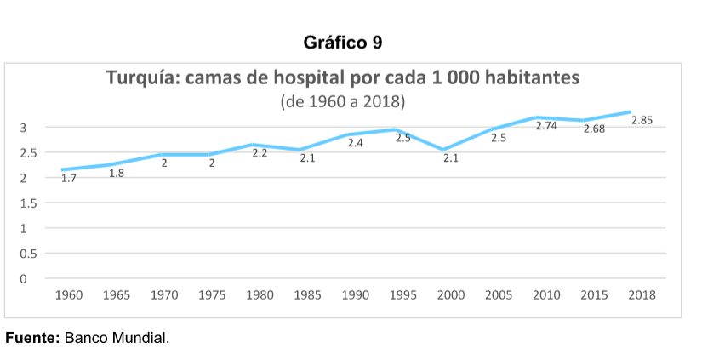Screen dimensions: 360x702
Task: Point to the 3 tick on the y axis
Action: click(x=24, y=128)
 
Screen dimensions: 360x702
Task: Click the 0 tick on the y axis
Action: click(x=24, y=279)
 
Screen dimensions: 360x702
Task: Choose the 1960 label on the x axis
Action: click(x=69, y=295)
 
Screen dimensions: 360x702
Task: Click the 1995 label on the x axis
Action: click(x=403, y=295)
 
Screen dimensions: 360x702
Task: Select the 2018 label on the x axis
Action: click(x=642, y=295)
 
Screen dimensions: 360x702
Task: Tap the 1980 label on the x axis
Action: click(x=260, y=295)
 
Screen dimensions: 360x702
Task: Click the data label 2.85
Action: click(x=642, y=121)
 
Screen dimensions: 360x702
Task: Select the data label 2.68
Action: click(x=594, y=129)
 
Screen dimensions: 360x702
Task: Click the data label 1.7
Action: click(x=69, y=178)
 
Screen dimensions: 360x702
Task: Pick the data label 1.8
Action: click(x=117, y=173)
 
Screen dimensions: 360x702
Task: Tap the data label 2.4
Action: click(x=356, y=143)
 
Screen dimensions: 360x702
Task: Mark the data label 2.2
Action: click(x=260, y=153)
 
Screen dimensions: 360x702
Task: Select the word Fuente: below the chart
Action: click(x=32, y=339)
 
